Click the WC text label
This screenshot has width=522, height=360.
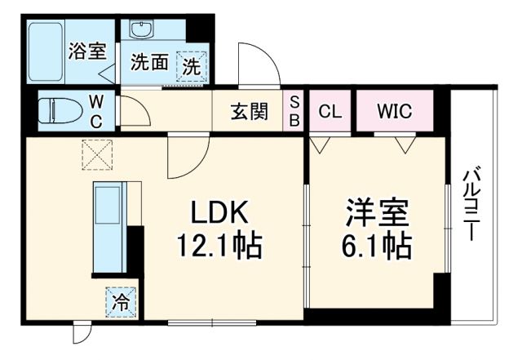pyautogui.click(x=96, y=110)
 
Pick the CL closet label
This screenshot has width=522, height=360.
pyautogui.click(x=330, y=111)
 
